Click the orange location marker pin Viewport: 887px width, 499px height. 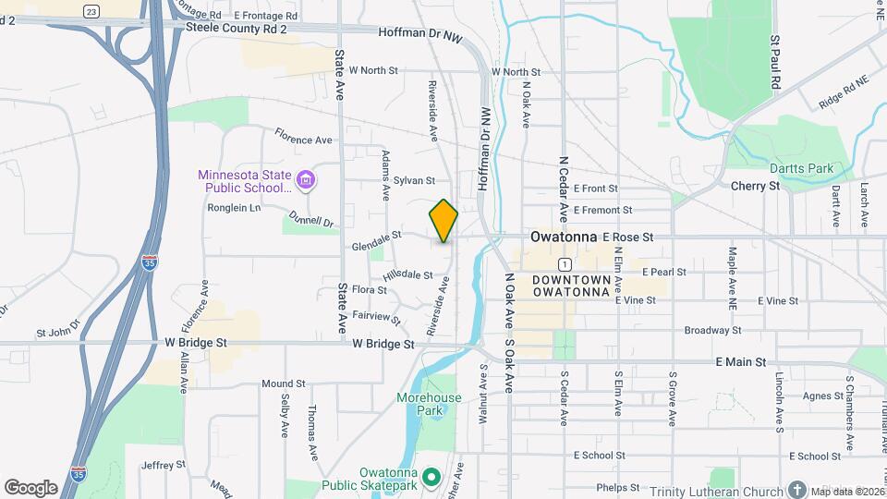[x=443, y=221]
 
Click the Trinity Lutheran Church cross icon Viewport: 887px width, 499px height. [x=797, y=490]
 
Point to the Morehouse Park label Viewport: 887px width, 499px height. [x=428, y=404]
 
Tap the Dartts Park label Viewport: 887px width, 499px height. [x=801, y=168]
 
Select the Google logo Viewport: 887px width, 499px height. [x=30, y=487]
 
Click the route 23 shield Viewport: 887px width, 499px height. [x=91, y=10]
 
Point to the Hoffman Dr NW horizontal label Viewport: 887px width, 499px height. [x=420, y=32]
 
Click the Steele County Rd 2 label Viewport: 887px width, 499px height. [x=236, y=30]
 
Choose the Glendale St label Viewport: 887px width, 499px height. [x=376, y=244]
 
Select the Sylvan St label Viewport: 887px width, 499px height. [x=413, y=180]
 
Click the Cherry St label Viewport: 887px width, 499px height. [x=755, y=186]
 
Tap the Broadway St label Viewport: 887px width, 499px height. [x=712, y=330]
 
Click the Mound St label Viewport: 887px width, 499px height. [x=283, y=383]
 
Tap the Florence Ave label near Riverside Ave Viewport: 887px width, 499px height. [x=303, y=138]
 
